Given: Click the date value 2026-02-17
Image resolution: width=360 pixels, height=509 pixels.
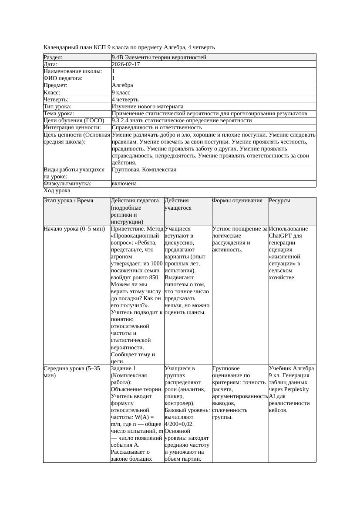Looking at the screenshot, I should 126,64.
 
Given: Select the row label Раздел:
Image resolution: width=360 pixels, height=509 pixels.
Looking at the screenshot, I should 53,57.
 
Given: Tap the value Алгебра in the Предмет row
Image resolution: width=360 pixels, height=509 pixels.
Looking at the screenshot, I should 122,85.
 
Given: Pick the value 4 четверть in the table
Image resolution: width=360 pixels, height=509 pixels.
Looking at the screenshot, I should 125,100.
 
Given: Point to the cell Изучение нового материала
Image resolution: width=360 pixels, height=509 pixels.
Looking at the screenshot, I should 148,107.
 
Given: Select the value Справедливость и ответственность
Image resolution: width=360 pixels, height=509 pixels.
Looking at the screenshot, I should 157,127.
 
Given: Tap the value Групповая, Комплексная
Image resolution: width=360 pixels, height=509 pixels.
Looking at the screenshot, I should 144,170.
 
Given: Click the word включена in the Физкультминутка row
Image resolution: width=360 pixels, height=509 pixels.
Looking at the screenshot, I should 124,184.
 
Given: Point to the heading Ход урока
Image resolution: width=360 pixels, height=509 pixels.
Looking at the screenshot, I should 57,191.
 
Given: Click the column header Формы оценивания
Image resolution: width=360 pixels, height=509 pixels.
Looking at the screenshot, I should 237,201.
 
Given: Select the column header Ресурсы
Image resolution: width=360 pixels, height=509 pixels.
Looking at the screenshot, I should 279,201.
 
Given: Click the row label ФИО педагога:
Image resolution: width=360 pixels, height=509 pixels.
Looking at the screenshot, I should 64,78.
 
